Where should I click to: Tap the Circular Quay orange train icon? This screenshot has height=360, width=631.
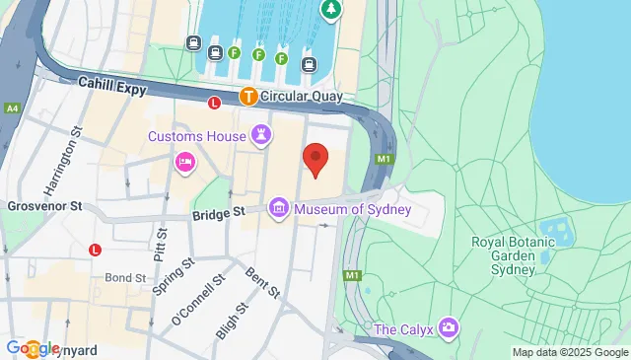[x=248, y=97]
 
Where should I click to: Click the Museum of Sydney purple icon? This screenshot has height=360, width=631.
[x=279, y=207]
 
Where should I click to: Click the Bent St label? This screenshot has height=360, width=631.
[x=263, y=284]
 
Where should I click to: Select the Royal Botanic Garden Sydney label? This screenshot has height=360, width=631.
[x=503, y=254]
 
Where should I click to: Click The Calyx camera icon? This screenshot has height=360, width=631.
[x=449, y=326]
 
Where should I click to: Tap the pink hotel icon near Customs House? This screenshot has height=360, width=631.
[x=184, y=162]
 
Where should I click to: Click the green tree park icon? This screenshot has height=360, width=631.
[x=330, y=10]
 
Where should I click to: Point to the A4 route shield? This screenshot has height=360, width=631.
[x=11, y=108]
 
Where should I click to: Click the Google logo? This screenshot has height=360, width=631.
[x=34, y=347]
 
